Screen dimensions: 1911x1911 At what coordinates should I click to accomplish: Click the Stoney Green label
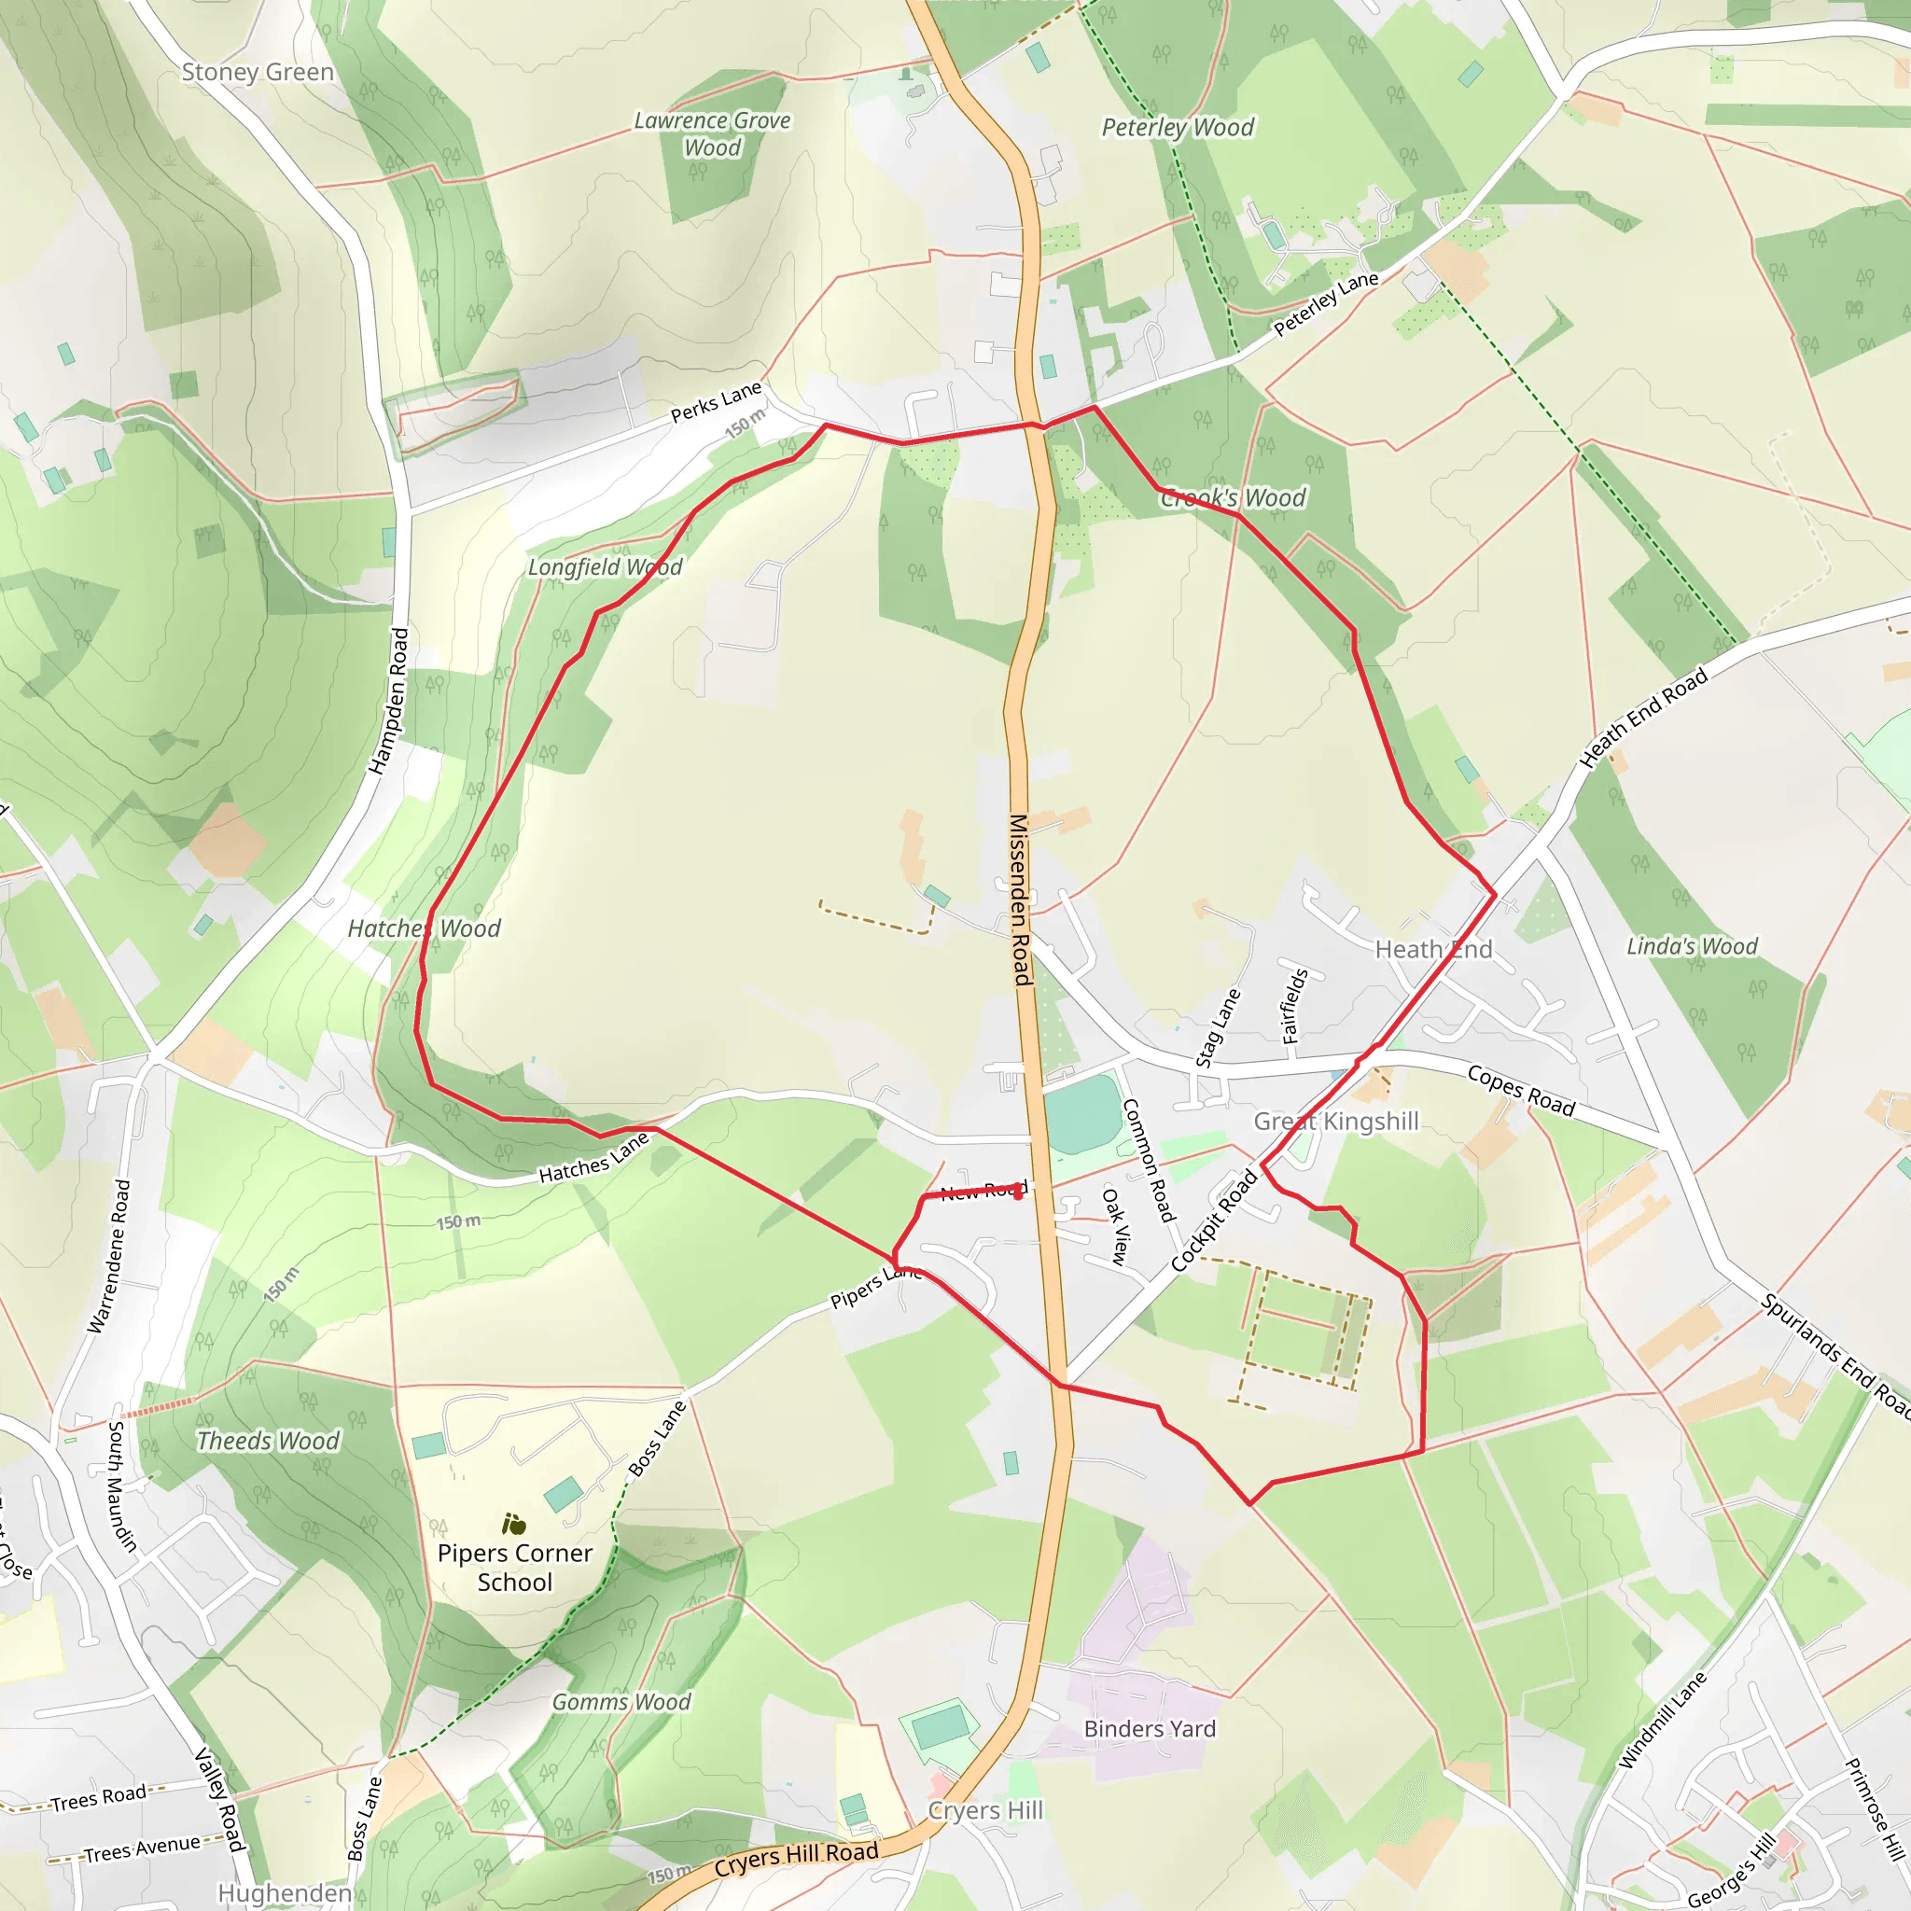coord(258,72)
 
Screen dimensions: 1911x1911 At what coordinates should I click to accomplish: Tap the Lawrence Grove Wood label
coord(712,133)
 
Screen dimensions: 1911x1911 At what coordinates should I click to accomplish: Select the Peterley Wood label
coord(1177,128)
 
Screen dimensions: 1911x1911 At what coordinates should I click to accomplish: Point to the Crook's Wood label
coord(1234,497)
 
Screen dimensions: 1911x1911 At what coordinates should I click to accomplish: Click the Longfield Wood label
coord(605,566)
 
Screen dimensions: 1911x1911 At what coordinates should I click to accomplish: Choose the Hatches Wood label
coord(424,928)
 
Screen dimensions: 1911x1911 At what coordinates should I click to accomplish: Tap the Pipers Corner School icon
coord(513,1525)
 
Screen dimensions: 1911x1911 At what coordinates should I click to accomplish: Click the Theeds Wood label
coord(268,1440)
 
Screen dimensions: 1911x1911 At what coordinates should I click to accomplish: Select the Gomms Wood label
coord(621,1701)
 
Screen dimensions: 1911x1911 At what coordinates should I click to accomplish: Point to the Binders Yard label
coord(1150,1728)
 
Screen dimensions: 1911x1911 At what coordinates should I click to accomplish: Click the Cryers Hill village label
coord(985,1809)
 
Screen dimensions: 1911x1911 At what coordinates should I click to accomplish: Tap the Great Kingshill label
coord(1335,1121)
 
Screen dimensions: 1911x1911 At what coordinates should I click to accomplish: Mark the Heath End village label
coord(1433,950)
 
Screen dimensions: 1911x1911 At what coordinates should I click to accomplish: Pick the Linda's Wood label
coord(1692,945)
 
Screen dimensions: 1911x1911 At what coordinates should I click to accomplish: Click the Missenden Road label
coord(1021,900)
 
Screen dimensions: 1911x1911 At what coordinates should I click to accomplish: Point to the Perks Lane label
coord(715,400)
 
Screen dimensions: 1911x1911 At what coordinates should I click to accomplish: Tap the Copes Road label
coord(1520,1090)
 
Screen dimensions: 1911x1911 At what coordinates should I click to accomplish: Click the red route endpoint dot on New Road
coord(1018,1193)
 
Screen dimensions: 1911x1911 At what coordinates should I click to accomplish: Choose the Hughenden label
coord(284,1893)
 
